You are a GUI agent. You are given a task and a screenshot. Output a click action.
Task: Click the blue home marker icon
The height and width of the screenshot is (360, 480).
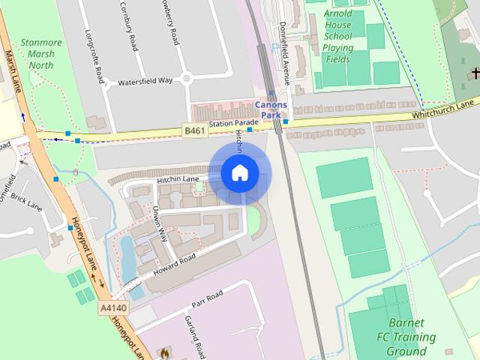(239, 172)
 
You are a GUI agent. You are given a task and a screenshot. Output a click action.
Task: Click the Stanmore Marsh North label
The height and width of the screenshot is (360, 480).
(42, 54)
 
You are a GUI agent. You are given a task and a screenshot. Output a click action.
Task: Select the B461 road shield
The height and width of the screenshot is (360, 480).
(195, 132)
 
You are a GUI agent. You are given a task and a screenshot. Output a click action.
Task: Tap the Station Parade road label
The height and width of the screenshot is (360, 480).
(232, 123)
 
